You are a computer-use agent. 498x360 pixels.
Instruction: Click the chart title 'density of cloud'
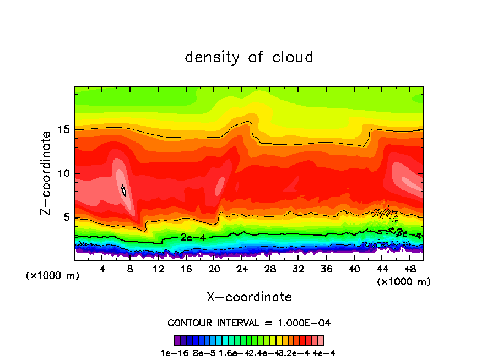(x=249, y=57)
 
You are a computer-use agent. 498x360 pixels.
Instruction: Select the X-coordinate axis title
(x=249, y=297)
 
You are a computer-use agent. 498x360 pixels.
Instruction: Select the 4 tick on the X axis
(x=102, y=269)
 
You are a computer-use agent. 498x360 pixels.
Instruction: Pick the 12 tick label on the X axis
(x=158, y=269)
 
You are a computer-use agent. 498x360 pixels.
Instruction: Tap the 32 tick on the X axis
(x=298, y=269)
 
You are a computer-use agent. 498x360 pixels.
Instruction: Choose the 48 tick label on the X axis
(x=409, y=269)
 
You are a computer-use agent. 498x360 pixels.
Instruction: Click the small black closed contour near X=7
(x=124, y=190)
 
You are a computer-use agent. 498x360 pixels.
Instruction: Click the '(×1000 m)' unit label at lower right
(x=404, y=282)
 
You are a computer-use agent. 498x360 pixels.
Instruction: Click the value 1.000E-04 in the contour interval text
(x=304, y=323)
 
